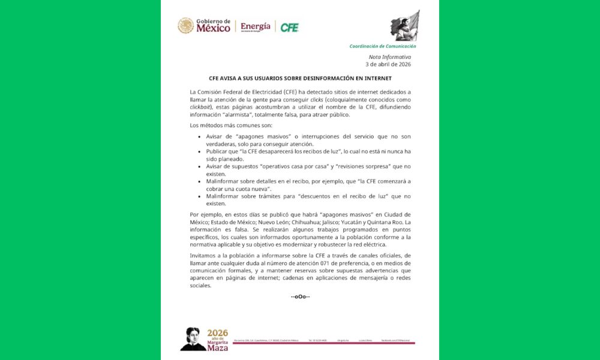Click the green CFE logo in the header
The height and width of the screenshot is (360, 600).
tap(289, 27)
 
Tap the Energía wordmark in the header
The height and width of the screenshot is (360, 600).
tap(256, 26)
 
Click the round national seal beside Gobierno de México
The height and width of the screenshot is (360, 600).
tap(185, 26)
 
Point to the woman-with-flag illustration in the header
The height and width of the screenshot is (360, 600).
tap(405, 26)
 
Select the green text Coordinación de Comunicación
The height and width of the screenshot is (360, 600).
tap(383, 46)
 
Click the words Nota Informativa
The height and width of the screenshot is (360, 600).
tap(394, 57)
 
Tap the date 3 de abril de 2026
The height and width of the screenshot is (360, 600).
tap(388, 64)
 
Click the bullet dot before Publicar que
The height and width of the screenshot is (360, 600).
tap(200, 152)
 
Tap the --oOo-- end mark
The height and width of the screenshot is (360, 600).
tap(300, 297)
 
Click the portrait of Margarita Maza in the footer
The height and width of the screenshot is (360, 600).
tap(193, 339)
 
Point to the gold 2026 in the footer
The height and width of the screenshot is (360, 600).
tap(218, 333)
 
